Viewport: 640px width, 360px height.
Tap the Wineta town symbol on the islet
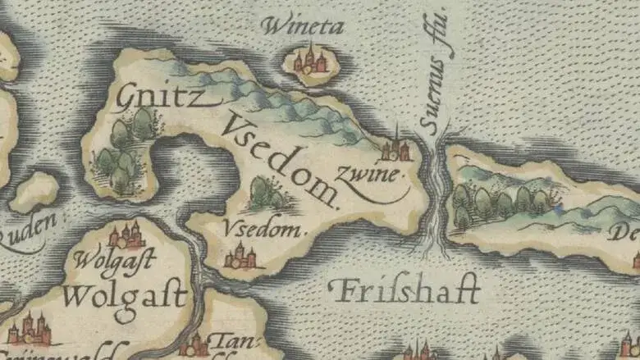[310, 62]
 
